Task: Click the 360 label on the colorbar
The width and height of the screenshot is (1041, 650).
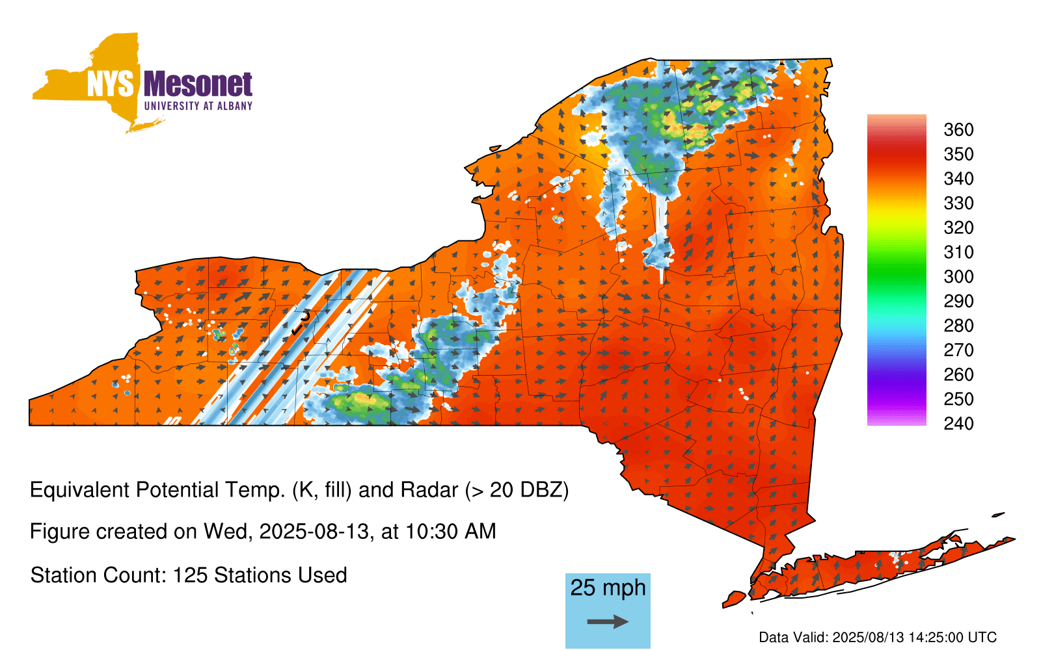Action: (958, 129)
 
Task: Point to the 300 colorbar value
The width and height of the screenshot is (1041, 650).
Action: (958, 277)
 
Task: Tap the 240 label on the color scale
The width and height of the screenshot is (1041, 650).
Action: (958, 423)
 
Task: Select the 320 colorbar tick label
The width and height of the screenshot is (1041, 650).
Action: (958, 227)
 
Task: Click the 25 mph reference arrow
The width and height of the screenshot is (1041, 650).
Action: (608, 621)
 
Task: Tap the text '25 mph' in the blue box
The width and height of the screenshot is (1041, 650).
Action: (608, 588)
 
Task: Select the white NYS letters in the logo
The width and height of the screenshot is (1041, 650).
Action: (110, 84)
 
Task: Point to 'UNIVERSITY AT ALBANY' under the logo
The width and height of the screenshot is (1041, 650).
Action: (198, 106)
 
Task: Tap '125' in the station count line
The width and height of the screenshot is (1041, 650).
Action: (187, 575)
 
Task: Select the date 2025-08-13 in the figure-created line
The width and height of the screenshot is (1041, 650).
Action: (314, 532)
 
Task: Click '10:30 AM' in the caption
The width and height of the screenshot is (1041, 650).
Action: (450, 532)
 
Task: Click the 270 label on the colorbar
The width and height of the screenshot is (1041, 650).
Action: (958, 350)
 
